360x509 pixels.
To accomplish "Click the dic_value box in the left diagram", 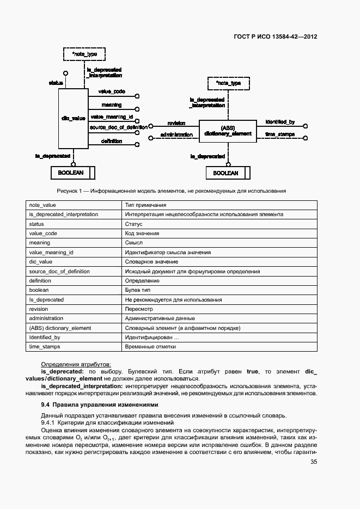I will coord(72,118).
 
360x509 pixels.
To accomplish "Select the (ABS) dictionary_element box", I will coord(228,131).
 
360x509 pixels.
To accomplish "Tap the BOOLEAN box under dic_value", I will coord(70,173).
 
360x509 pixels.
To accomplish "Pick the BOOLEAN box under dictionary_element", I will coord(225,173).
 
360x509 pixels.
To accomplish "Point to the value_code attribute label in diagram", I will coord(112,91).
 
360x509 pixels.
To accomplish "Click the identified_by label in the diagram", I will coord(280,122).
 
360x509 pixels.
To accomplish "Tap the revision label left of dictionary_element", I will coord(176,123).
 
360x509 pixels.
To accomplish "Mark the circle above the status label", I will coord(65,72).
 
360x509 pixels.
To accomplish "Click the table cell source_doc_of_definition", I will coord(59,271).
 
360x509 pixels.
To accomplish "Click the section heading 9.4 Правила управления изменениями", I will coord(100,404).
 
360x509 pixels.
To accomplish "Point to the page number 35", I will coord(314,462).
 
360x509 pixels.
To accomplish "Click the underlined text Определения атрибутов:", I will coord(76,364).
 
